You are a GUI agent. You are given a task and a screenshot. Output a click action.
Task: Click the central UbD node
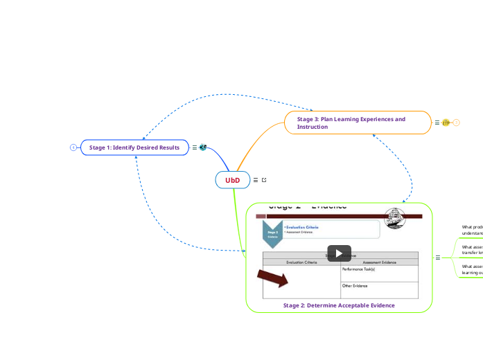(232, 180)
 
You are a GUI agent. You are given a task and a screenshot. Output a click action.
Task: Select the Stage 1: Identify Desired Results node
(134, 147)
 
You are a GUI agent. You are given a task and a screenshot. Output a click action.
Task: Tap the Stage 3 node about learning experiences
(358, 123)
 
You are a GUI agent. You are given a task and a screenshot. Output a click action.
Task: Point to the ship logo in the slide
(396, 216)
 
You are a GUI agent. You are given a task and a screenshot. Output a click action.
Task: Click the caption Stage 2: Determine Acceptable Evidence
(339, 305)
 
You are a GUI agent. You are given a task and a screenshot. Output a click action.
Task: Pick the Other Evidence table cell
(379, 289)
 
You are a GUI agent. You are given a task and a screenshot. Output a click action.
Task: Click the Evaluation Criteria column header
(301, 262)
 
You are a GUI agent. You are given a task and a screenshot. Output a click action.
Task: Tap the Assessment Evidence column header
(379, 262)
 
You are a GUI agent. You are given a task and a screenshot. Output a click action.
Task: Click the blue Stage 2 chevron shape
(272, 234)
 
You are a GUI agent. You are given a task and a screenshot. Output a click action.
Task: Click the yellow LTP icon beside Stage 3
(446, 123)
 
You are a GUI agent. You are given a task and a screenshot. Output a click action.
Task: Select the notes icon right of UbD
(256, 180)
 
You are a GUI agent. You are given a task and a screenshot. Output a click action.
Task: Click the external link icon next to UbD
(264, 180)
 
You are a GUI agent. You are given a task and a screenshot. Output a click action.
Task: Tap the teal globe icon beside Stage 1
(203, 147)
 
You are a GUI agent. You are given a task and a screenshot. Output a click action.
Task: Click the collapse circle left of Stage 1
(73, 147)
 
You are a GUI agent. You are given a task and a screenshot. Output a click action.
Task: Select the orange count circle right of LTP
(457, 123)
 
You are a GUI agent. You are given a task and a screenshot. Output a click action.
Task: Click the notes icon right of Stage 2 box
(437, 258)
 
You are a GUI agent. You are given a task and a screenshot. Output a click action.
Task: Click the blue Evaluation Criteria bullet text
(302, 227)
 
